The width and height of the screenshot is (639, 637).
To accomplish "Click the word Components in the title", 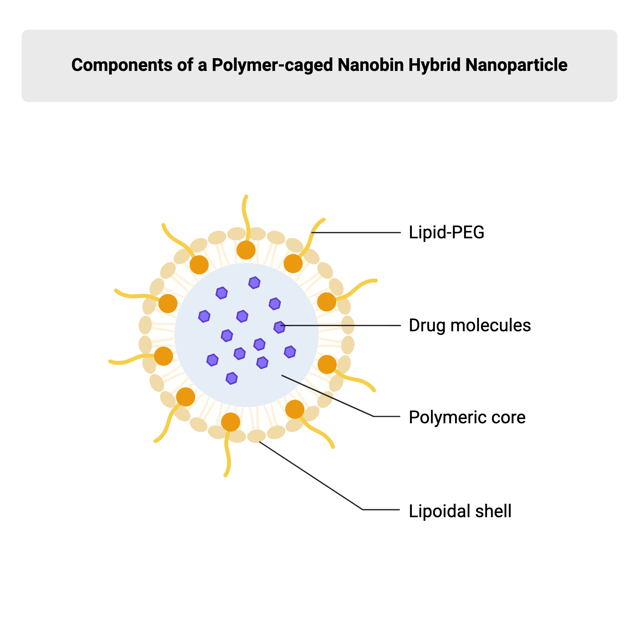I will tap(121, 65).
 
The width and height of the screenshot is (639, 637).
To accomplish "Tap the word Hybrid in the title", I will tap(434, 65).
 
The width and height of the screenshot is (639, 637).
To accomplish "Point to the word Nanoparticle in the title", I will tap(516, 65).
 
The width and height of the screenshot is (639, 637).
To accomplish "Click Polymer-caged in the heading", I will tap(272, 65).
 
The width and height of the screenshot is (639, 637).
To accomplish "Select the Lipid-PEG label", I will tap(446, 233).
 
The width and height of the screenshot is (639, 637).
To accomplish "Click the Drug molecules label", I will tap(470, 326).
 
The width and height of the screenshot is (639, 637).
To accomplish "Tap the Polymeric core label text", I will tap(467, 418).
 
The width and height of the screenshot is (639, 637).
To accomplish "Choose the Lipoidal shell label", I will tap(460, 511).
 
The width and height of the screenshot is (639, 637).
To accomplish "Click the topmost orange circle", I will tap(246, 250).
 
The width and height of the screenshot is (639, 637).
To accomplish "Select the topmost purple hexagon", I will tap(254, 283).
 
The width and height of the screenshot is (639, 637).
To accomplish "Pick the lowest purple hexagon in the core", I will tap(231, 378).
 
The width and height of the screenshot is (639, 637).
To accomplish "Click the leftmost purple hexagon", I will tap(204, 316).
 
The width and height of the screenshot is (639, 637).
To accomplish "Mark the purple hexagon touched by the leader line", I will tap(279, 327).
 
